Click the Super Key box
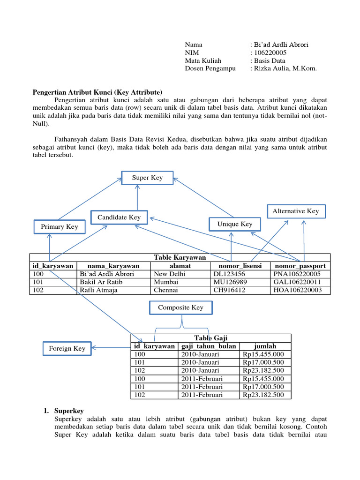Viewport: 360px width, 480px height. (x=147, y=178)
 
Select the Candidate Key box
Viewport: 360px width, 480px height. (x=119, y=217)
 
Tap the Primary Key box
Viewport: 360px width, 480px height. (x=60, y=227)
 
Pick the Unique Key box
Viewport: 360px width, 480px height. (x=235, y=224)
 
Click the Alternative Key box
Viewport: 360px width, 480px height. (x=296, y=211)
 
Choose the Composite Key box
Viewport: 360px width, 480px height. (x=180, y=307)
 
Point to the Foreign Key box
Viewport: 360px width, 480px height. (x=67, y=348)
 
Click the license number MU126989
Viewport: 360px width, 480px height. (x=232, y=282)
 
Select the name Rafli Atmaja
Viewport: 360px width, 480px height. (x=99, y=290)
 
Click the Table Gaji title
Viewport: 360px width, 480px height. (x=210, y=338)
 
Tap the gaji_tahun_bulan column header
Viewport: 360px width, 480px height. (x=208, y=346)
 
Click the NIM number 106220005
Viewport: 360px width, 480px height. (x=270, y=52)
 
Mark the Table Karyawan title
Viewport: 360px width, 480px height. (x=180, y=257)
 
